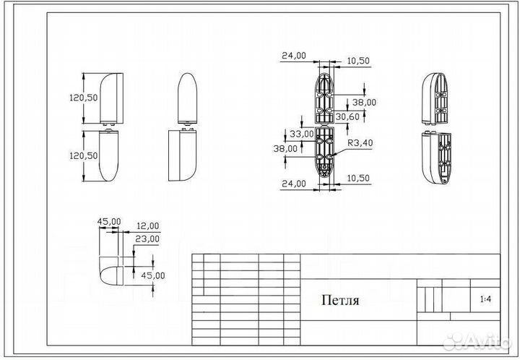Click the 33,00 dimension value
point(301,134)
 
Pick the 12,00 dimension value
point(148,226)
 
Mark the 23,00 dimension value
point(148,238)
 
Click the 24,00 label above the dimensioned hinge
point(294,55)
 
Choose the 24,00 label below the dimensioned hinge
point(294,184)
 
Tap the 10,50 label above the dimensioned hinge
point(357,61)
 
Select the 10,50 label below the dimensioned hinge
point(357,179)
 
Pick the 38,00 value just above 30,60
point(365,103)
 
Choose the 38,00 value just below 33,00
point(285,147)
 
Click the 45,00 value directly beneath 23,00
point(153,275)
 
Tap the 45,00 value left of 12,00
point(109,221)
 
